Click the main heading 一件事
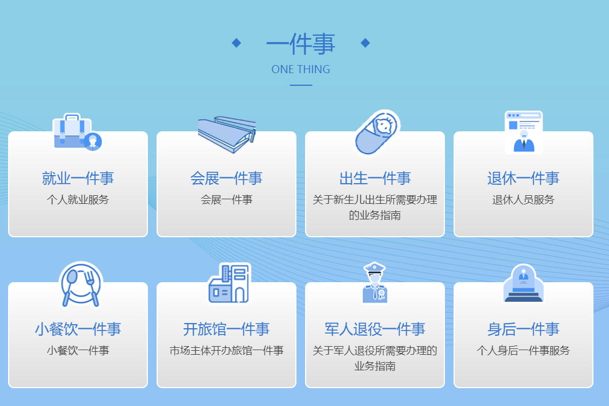[300, 44]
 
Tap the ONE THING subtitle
[300, 69]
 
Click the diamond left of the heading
[236, 43]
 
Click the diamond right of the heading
[365, 43]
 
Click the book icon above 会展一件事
[226, 134]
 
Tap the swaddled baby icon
[376, 132]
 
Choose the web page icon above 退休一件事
[523, 132]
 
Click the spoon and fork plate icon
[81, 284]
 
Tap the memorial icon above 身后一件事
[523, 283]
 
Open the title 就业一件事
[78, 179]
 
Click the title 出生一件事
[375, 179]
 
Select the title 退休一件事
[523, 179]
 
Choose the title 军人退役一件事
[375, 329]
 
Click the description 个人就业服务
[78, 200]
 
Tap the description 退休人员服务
[523, 200]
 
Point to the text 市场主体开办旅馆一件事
[226, 351]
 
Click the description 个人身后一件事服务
[523, 351]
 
